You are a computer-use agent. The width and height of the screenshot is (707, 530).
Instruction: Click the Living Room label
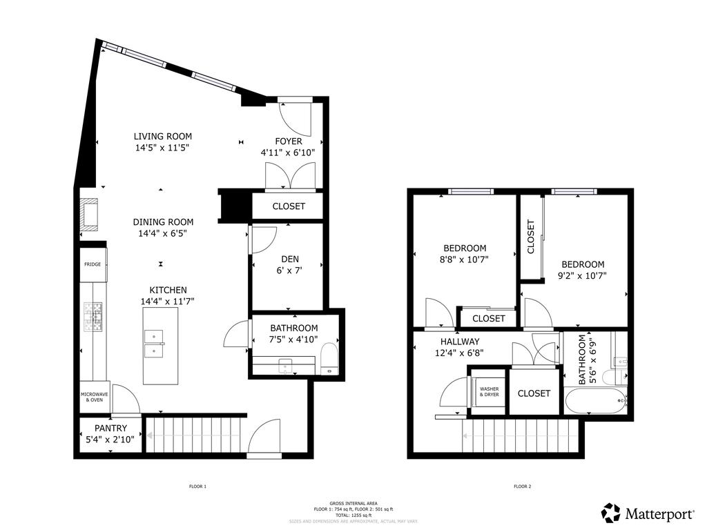(x=163, y=137)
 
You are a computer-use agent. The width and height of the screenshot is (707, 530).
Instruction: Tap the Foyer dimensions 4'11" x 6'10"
(x=288, y=153)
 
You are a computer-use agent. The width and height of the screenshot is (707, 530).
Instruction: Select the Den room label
(x=290, y=259)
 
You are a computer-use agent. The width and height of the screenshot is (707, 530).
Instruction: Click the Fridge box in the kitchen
(x=93, y=264)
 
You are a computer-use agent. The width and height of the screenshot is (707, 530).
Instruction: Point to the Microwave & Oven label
(x=93, y=397)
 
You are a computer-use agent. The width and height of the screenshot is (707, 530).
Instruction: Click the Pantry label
(x=111, y=429)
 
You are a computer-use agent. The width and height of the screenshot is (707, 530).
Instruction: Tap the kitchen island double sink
(x=154, y=343)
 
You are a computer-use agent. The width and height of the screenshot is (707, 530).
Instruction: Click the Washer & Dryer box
(x=489, y=392)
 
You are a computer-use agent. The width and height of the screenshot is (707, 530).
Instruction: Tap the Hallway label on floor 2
(x=460, y=342)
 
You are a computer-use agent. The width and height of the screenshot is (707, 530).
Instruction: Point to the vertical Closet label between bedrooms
(x=531, y=237)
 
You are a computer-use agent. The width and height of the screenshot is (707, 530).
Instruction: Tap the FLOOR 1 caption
(x=198, y=487)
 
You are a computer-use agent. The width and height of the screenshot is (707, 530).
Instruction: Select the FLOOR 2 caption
(x=522, y=487)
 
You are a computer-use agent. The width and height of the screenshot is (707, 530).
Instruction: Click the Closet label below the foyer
(x=289, y=206)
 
